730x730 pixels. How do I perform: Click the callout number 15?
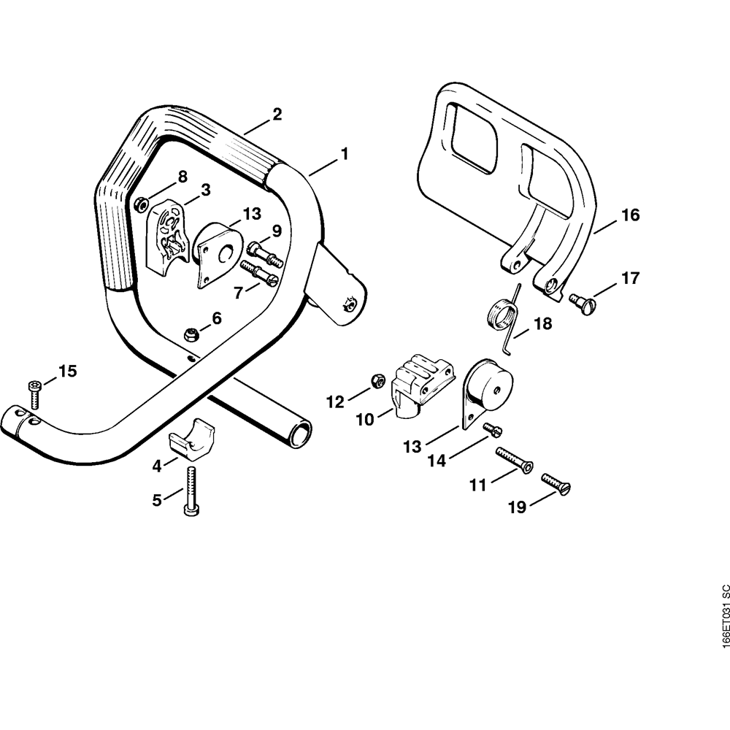(67, 372)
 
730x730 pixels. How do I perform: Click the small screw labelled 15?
(35, 392)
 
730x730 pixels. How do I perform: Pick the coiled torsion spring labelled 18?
(503, 317)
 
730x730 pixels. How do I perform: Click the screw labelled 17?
(583, 300)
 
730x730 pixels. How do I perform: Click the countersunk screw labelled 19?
(556, 483)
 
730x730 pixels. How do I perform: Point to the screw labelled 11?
(514, 459)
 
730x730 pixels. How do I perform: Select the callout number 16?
(630, 215)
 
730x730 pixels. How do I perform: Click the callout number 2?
(277, 114)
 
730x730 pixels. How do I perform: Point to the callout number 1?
(344, 155)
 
